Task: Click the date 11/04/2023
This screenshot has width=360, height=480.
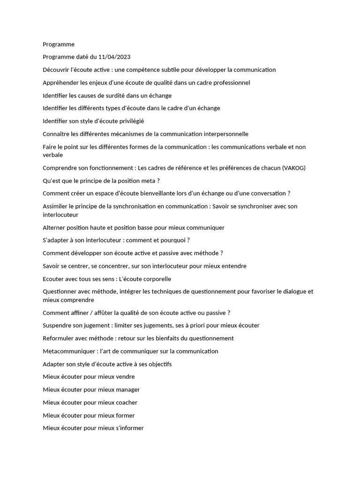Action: pos(114,57)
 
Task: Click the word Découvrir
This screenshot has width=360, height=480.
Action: pos(56,70)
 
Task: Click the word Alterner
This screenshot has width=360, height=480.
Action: pos(54,228)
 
